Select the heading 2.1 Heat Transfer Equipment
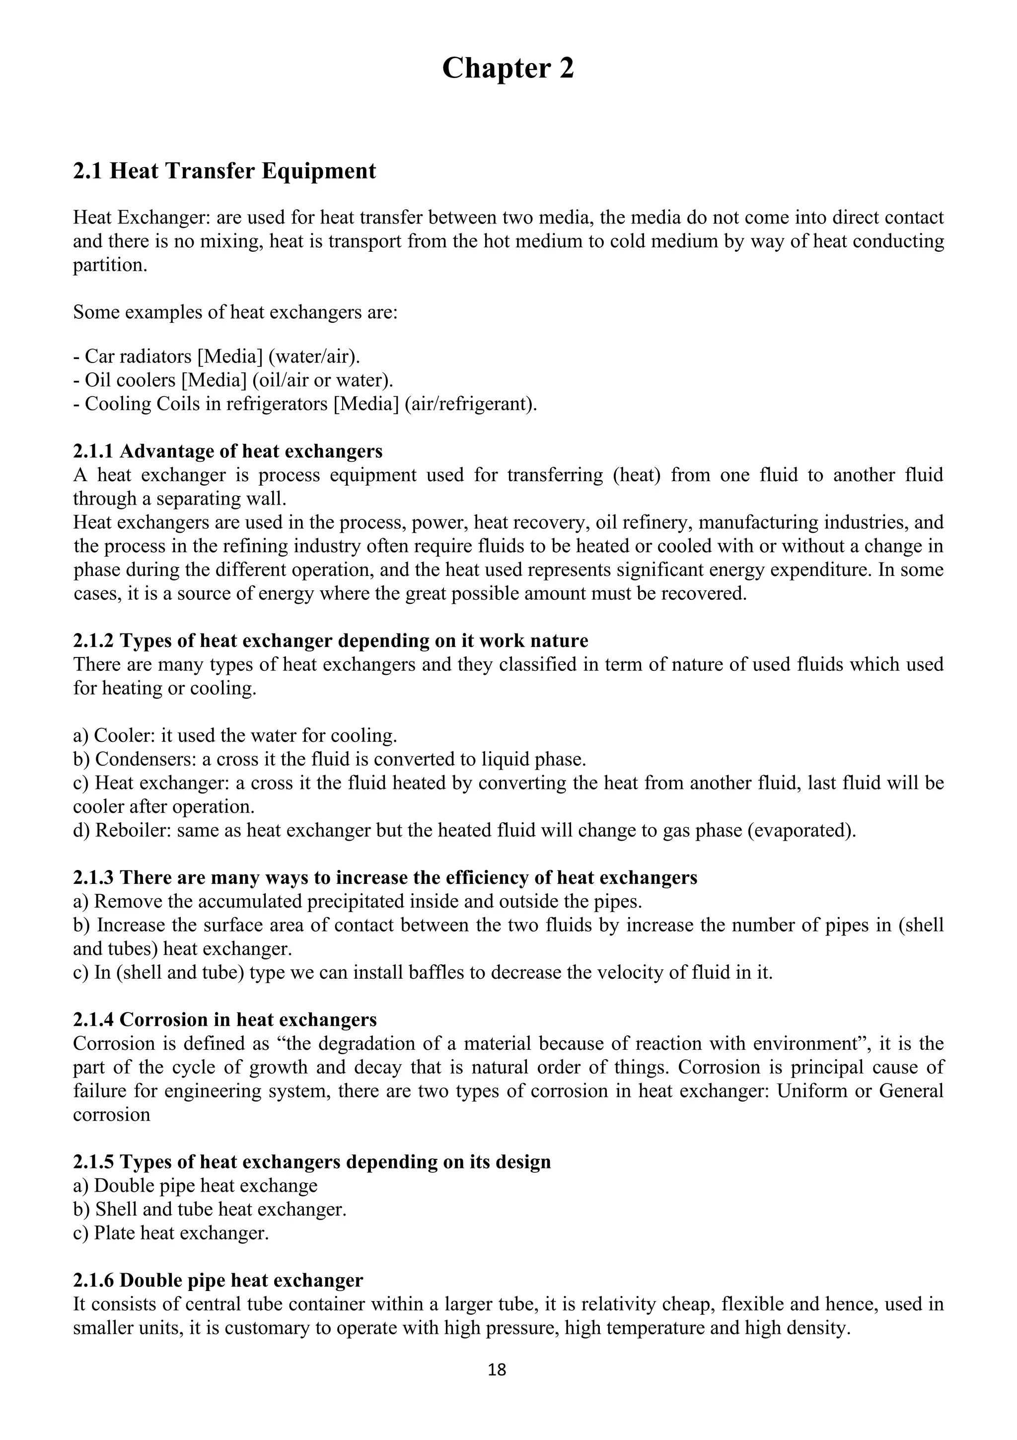[224, 171]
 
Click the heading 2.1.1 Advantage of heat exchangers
[228, 451]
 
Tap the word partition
[110, 265]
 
